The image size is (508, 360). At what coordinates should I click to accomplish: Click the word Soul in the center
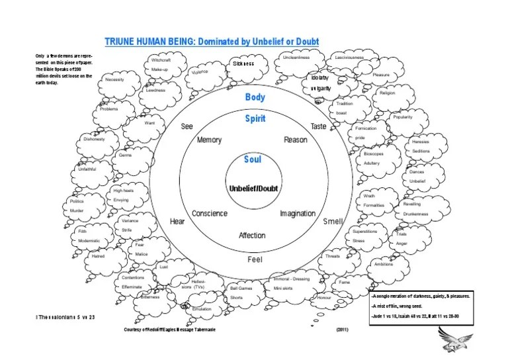[x=253, y=159]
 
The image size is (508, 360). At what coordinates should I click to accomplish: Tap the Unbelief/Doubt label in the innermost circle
[x=253, y=189]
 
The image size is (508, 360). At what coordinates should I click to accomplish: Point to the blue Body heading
[x=255, y=97]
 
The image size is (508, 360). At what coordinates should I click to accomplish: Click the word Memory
[x=209, y=140]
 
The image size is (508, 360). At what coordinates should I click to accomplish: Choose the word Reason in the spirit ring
[x=296, y=140]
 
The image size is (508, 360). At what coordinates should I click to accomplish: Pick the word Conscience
[x=209, y=214]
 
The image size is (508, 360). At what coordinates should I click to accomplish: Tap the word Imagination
[x=297, y=214]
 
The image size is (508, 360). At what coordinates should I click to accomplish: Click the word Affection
[x=252, y=236]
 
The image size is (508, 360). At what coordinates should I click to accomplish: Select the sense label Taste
[x=319, y=126]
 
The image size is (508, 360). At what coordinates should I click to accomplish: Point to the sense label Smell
[x=332, y=222]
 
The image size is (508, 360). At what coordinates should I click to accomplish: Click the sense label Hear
[x=177, y=221]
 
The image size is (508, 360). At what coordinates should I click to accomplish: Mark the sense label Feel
[x=255, y=259]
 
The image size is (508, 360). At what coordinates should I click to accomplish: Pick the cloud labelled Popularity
[x=403, y=117]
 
